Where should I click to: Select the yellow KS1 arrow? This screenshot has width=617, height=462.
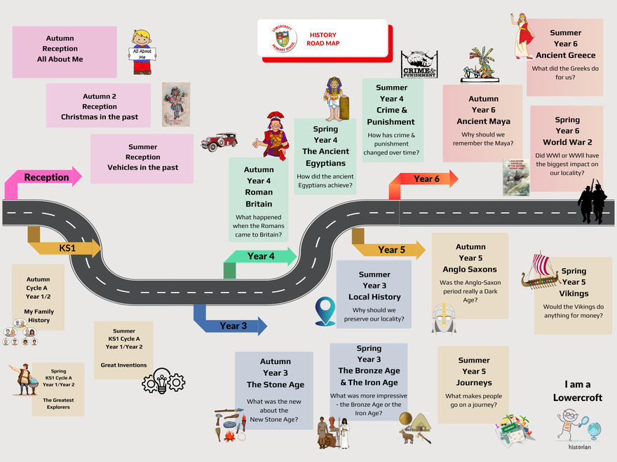pyautogui.click(x=67, y=248)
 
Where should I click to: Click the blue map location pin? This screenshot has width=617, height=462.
pyautogui.click(x=325, y=311)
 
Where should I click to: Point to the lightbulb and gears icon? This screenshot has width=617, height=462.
pyautogui.click(x=163, y=380)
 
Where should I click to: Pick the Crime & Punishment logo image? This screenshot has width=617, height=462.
pyautogui.click(x=419, y=64)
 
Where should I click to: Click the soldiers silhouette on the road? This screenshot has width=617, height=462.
pyautogui.click(x=592, y=202)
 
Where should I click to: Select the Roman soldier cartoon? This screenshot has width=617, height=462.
pyautogui.click(x=274, y=136)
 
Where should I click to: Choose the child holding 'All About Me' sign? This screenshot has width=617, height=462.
pyautogui.click(x=142, y=52)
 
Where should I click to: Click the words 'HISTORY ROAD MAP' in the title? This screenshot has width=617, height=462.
pyautogui.click(x=323, y=39)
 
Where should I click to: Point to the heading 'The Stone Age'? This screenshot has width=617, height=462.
pyautogui.click(x=275, y=384)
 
